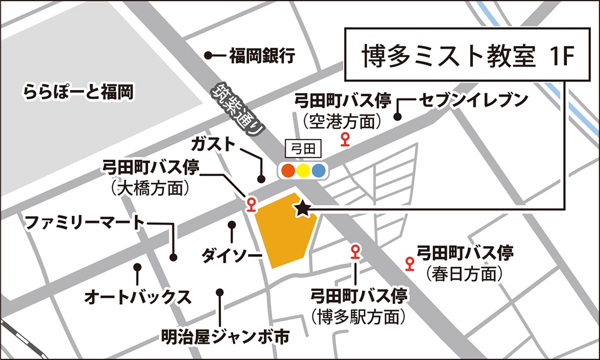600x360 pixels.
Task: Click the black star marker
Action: coord(301,209)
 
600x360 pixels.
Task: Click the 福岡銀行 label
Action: coord(262,56)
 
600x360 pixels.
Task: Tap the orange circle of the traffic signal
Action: coord(288,171)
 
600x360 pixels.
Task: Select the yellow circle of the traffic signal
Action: coord(303,171)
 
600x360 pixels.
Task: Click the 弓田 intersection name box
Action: coord(304,149)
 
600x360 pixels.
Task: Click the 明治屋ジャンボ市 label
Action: coord(224,336)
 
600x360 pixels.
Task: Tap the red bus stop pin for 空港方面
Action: coord(346,139)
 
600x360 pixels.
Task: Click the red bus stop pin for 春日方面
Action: coord(410,264)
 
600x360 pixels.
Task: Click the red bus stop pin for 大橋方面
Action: coord(251,203)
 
